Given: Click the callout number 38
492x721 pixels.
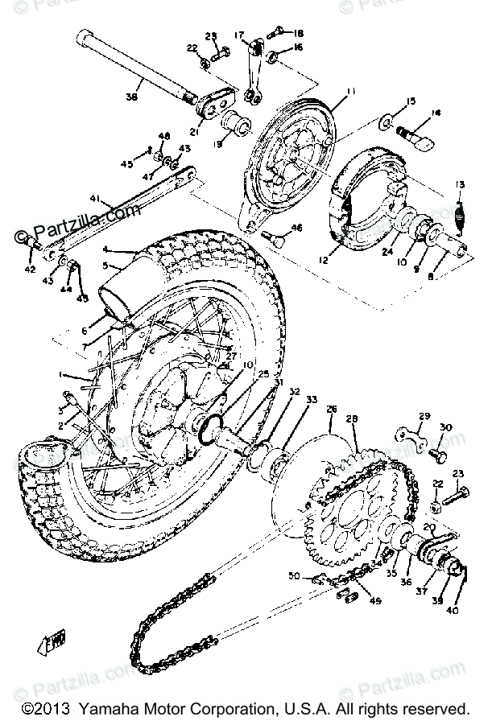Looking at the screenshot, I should coord(131,98).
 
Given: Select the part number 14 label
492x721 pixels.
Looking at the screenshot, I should coord(437,113).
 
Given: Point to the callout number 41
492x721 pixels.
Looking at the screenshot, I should coord(94,198).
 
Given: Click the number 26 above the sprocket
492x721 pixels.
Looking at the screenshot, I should coord(331,410).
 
